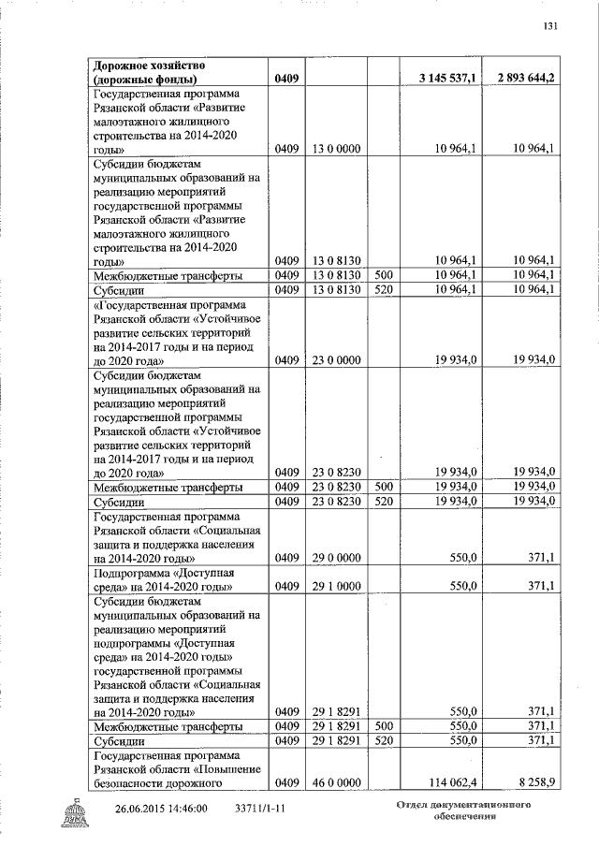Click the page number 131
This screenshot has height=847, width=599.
(550, 25)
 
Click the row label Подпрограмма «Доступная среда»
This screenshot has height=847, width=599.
(162, 579)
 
